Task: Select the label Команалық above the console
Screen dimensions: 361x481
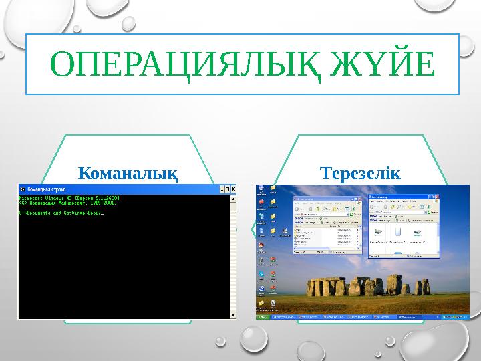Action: pos(128,174)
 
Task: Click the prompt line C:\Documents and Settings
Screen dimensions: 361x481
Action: pos(61,213)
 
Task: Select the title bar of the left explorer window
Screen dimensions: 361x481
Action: pos(321,199)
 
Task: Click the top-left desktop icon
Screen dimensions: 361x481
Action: pos(260,188)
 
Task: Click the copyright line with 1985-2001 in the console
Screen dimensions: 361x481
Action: pos(61,203)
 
